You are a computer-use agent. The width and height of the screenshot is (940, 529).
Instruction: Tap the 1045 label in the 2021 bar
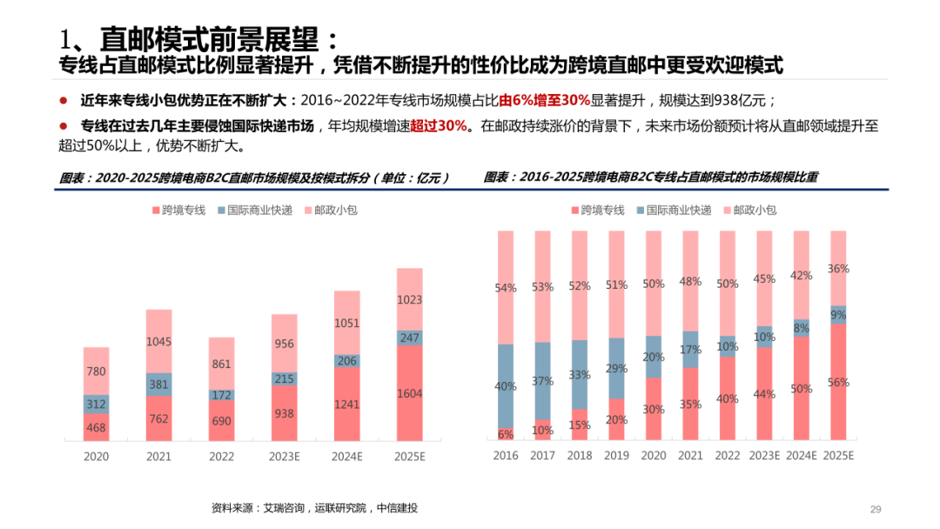click(x=158, y=342)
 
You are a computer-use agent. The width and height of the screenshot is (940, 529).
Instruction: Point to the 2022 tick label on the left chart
click(x=221, y=455)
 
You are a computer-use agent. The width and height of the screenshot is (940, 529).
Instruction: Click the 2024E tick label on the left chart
click(x=346, y=455)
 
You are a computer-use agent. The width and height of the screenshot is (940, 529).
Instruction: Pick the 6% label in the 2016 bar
click(x=506, y=434)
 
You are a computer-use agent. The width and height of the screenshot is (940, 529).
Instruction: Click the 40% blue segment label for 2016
click(x=506, y=385)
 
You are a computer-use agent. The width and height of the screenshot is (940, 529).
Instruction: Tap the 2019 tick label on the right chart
click(x=616, y=455)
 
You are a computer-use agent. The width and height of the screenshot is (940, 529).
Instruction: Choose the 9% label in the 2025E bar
click(x=838, y=315)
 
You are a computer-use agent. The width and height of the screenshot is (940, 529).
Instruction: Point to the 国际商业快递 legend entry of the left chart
click(x=253, y=211)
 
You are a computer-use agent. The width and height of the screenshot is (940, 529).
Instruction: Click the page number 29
click(x=876, y=509)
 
